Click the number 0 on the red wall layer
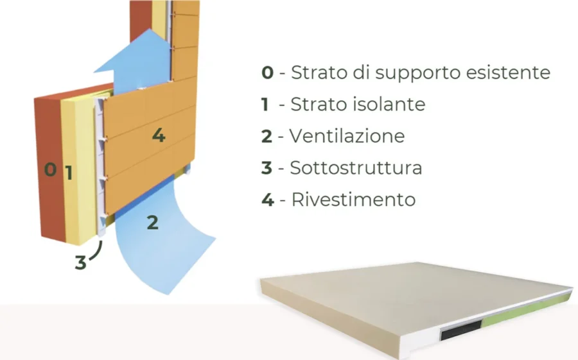click(x=50, y=169)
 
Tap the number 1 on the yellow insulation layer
click(x=69, y=173)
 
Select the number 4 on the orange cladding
click(x=159, y=135)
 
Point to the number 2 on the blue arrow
click(x=153, y=223)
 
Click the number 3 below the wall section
click(x=80, y=262)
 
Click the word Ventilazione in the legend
click(x=347, y=136)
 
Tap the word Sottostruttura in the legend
click(x=356, y=168)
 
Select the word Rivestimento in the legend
click(x=353, y=200)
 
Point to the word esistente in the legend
click(x=509, y=73)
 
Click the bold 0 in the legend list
click(x=268, y=73)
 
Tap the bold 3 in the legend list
click(x=267, y=168)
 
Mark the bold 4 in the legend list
click(x=268, y=200)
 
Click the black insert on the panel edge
click(x=461, y=329)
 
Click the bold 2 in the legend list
click(x=267, y=136)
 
